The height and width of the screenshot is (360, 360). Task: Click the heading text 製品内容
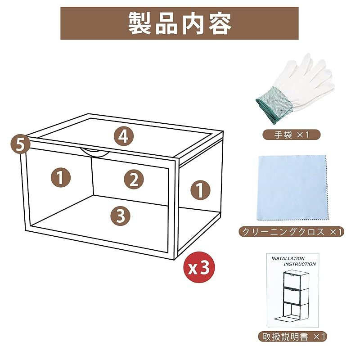click(180, 23)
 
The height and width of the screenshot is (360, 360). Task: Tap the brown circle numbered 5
click(20, 144)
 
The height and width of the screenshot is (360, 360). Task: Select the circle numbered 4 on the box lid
click(123, 136)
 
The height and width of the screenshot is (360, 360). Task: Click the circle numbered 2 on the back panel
click(134, 180)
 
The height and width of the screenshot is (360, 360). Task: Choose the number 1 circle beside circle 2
click(60, 178)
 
